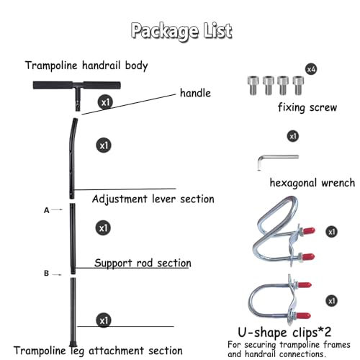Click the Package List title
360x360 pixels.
pos(181,31)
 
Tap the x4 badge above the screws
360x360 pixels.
pos(311,69)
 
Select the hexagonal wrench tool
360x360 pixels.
pos(278,161)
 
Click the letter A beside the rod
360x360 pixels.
pos(47,210)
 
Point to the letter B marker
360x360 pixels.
pos(47,274)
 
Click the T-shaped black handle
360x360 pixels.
pos(77,92)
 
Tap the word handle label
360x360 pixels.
pos(195,93)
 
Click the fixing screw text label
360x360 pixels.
pos(307,107)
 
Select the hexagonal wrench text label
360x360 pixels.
pos(312,183)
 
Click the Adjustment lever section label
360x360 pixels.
pos(153,199)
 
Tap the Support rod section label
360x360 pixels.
pos(143,263)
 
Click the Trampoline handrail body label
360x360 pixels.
pos(86,66)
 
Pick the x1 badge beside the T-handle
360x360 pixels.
pos(105,102)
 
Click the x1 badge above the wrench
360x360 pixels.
pos(293,136)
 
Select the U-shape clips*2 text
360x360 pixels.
pos(284,333)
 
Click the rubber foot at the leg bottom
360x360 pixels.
pos(73,343)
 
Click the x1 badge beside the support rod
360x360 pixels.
pos(103,228)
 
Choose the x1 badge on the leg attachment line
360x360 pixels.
pos(104,320)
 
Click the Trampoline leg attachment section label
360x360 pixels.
pos(98,351)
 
